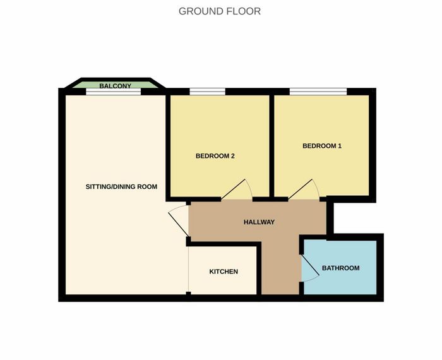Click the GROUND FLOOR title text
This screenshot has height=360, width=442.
point(220,11)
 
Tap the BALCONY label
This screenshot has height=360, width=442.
point(116,86)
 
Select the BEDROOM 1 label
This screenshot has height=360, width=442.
point(322,146)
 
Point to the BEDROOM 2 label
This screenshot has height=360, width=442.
point(215,156)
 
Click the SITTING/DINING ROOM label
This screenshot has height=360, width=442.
point(121,186)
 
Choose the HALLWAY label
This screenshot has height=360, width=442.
point(259,222)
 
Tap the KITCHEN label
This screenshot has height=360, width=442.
point(224,272)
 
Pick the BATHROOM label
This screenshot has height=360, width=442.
point(340,268)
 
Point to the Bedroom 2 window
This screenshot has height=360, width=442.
point(208,92)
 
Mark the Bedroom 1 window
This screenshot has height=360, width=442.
point(318,92)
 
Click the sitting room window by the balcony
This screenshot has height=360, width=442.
point(113,92)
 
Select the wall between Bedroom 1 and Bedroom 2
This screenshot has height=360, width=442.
point(272,146)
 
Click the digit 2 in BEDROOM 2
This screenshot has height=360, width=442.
point(233,156)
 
